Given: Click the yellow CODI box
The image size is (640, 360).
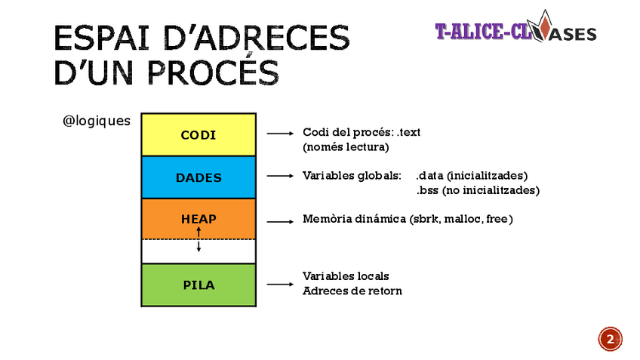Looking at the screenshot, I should click(198, 135).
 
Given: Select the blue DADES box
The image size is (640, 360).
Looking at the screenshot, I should click(198, 178).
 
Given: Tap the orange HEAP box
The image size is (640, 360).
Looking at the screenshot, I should click(198, 219).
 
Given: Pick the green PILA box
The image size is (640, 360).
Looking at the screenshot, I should click(198, 285).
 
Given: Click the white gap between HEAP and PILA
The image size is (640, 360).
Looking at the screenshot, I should click(170, 251).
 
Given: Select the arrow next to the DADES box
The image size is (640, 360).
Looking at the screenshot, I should click(279, 176).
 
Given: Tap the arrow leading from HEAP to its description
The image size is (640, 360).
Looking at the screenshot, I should click(279, 221).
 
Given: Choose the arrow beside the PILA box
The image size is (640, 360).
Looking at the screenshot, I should click(279, 285).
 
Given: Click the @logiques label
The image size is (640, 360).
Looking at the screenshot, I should click(97, 121).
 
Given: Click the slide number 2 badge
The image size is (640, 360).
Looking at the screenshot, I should click(611, 339).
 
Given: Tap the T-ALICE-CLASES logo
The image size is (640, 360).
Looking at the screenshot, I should click(515, 32).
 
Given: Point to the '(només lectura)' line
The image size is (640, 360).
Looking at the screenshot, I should click(346, 146).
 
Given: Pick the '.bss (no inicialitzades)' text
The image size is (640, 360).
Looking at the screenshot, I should click(477, 190).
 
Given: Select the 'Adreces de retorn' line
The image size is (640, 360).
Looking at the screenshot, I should click(352, 291).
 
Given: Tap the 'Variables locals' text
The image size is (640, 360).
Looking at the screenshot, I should click(346, 276).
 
